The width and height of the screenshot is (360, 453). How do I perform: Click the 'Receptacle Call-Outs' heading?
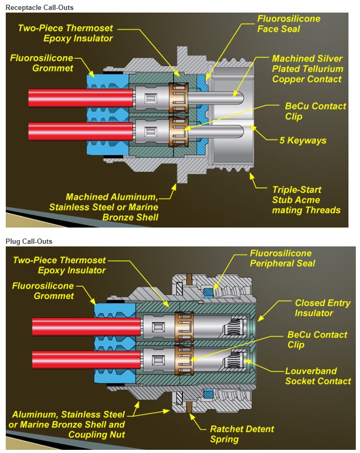39,7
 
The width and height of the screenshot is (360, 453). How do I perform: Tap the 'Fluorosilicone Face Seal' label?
288,24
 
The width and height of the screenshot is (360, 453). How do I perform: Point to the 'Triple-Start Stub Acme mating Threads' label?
306,200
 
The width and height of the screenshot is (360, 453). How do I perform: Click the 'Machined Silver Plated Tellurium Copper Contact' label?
308,69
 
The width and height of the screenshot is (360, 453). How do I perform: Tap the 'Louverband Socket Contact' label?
318,375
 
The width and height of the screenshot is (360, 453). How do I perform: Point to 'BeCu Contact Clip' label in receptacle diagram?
315,111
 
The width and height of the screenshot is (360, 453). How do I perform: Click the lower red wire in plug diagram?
84,360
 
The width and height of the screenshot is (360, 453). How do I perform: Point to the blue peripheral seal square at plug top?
209,292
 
